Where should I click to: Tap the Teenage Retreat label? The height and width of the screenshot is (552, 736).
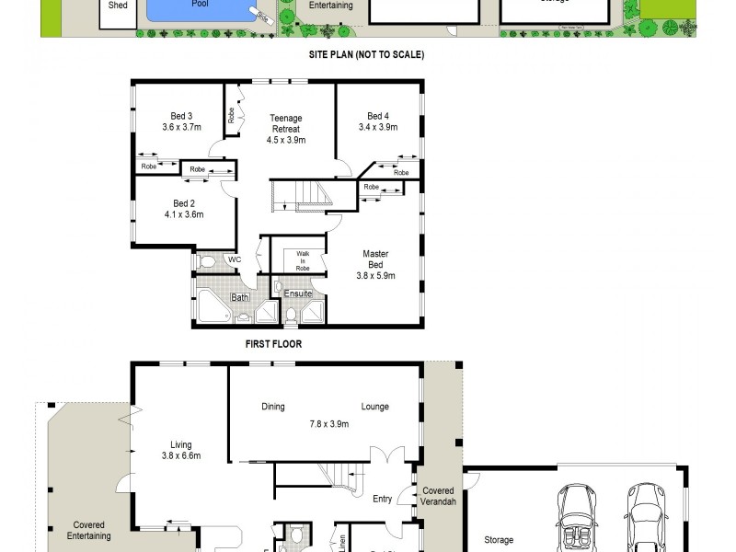point(285,129)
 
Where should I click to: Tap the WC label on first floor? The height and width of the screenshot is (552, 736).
point(234,260)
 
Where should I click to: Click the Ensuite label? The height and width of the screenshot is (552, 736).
point(298,294)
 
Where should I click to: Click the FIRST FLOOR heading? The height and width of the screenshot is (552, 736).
point(273,344)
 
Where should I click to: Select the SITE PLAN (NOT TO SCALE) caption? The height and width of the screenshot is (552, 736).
point(366,54)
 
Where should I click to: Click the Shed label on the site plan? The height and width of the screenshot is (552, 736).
point(118,6)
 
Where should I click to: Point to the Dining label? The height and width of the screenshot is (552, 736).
point(273,407)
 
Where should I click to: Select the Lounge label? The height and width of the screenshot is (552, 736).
point(374,407)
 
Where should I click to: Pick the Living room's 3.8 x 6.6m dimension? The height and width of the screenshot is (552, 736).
point(181,455)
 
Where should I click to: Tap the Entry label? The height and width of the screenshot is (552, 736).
point(383,500)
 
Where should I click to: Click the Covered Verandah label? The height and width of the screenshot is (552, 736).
point(438,497)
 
